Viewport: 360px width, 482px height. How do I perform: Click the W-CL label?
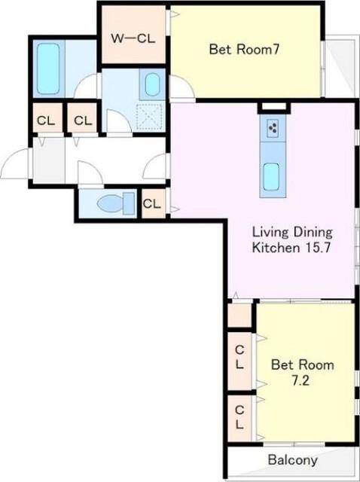point(133,38)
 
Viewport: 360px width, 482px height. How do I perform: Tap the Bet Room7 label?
point(244,49)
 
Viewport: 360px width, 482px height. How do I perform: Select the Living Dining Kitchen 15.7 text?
point(292,239)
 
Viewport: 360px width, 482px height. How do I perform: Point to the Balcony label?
point(292,460)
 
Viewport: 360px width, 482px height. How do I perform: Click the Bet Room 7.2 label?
point(302,373)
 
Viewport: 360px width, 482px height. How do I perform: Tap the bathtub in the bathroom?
point(48,69)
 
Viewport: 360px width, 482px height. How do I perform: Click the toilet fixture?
point(116,203)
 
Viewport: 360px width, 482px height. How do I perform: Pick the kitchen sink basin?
point(271,177)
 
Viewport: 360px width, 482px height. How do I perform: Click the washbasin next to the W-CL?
point(152,84)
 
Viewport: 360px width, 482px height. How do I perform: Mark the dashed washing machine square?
point(149,117)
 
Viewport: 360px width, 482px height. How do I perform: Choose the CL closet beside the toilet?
point(152,203)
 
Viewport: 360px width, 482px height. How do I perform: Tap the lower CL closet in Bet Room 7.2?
point(239,418)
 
